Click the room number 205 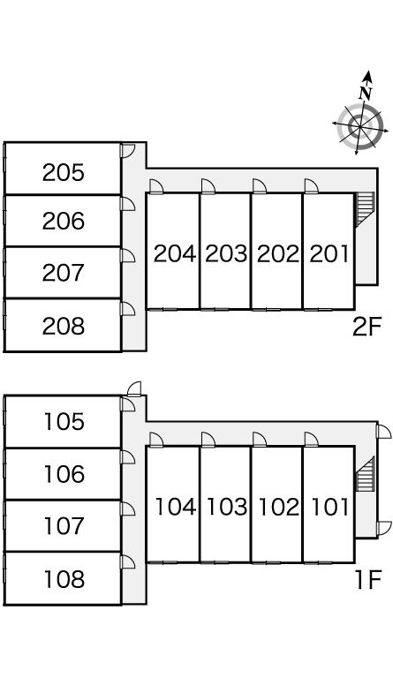tap(63, 172)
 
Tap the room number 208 tap(63, 326)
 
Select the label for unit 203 tap(226, 254)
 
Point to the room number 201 tap(329, 254)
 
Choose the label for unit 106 tap(64, 474)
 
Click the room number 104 tap(176, 507)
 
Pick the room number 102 tap(278, 507)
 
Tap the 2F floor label tap(367, 328)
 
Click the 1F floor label tap(368, 580)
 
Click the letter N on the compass tap(366, 93)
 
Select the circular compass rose tap(359, 126)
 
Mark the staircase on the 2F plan tap(364, 209)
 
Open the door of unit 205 tap(128, 150)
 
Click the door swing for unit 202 tap(260, 186)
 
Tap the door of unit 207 tap(128, 255)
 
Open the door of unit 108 tap(128, 561)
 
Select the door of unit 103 tap(208, 440)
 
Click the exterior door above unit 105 tap(134, 388)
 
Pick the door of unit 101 tap(312, 440)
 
